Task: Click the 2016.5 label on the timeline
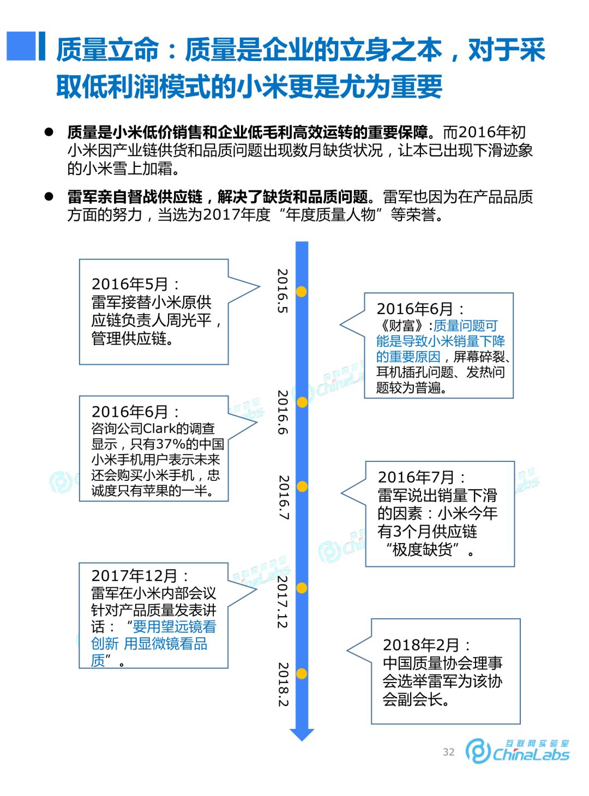(x=282, y=291)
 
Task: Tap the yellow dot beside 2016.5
(x=301, y=292)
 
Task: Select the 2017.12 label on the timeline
(x=282, y=602)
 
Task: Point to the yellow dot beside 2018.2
(x=301, y=674)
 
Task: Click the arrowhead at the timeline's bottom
(x=302, y=734)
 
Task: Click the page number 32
(x=448, y=752)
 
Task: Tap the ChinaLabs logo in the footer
(x=517, y=751)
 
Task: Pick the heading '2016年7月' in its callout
(x=416, y=478)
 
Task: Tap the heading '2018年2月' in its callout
(x=421, y=645)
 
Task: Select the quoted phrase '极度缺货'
(x=423, y=550)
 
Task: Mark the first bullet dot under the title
(x=49, y=132)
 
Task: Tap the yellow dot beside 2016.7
(x=302, y=486)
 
